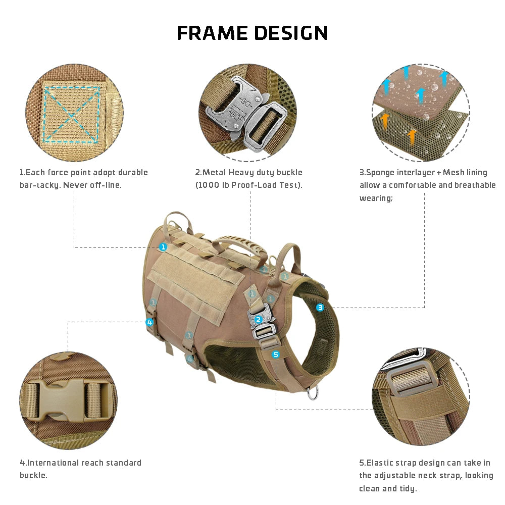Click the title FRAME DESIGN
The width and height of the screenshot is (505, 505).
pyautogui.click(x=252, y=33)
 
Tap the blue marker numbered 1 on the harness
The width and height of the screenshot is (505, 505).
pyautogui.click(x=163, y=247)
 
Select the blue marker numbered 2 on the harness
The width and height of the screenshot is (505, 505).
pyautogui.click(x=258, y=319)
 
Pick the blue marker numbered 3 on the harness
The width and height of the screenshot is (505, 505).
pyautogui.click(x=320, y=307)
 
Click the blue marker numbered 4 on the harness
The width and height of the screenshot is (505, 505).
pyautogui.click(x=149, y=322)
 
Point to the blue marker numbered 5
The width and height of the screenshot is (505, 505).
pyautogui.click(x=275, y=355)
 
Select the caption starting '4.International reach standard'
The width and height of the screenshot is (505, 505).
pyautogui.click(x=80, y=469)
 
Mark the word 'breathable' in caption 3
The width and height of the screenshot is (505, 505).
pyautogui.click(x=475, y=185)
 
